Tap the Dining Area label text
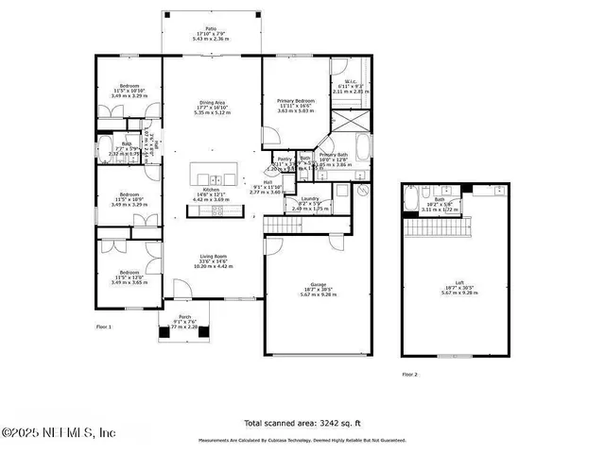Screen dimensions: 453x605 coord(212,102)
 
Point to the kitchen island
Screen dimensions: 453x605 coord(215,176)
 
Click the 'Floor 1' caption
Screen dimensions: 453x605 coord(104,327)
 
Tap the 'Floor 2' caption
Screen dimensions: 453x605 coord(409,374)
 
